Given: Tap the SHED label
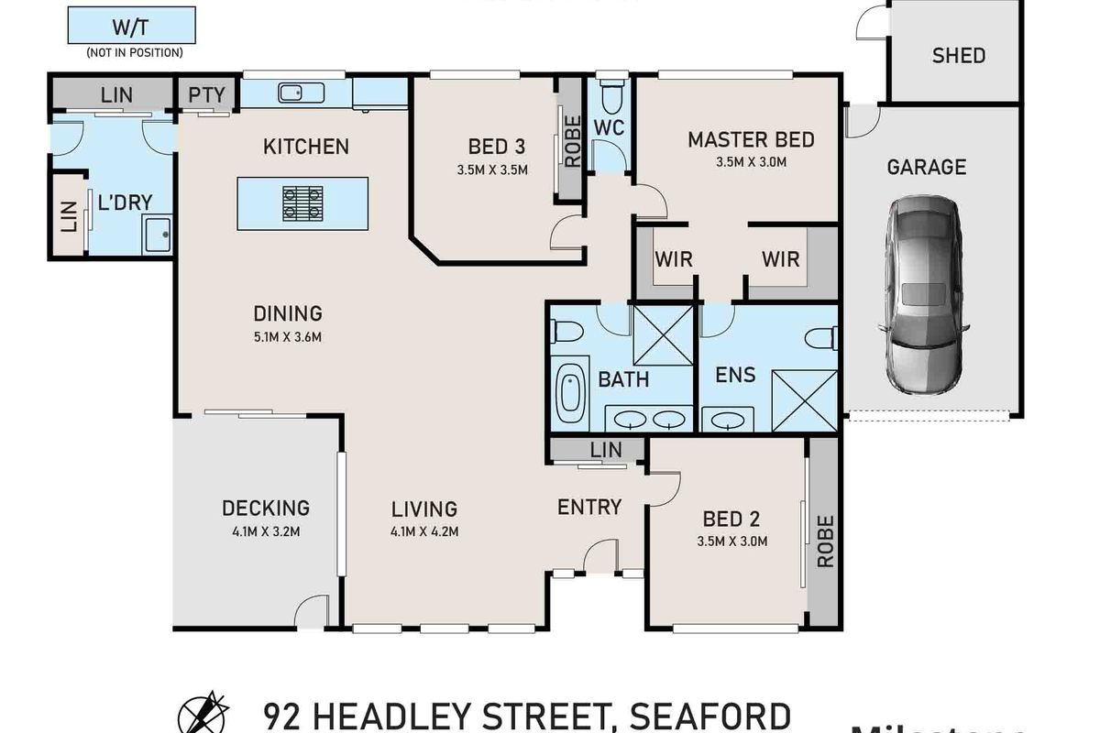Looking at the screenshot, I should point(958,55).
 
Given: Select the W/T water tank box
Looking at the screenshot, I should point(133,25).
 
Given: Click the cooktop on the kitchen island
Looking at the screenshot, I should point(302,203).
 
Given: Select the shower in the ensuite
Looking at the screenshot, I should point(804,399).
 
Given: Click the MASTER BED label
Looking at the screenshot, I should point(751,139).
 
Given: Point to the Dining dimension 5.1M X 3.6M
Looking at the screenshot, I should point(288,336).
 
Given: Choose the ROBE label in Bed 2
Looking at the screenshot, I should point(824,541).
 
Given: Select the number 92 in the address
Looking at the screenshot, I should point(283,715).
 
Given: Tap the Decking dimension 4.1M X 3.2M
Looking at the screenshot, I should point(265,531).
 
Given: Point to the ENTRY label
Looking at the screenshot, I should point(589,507).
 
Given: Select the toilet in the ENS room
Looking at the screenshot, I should point(821,338).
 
